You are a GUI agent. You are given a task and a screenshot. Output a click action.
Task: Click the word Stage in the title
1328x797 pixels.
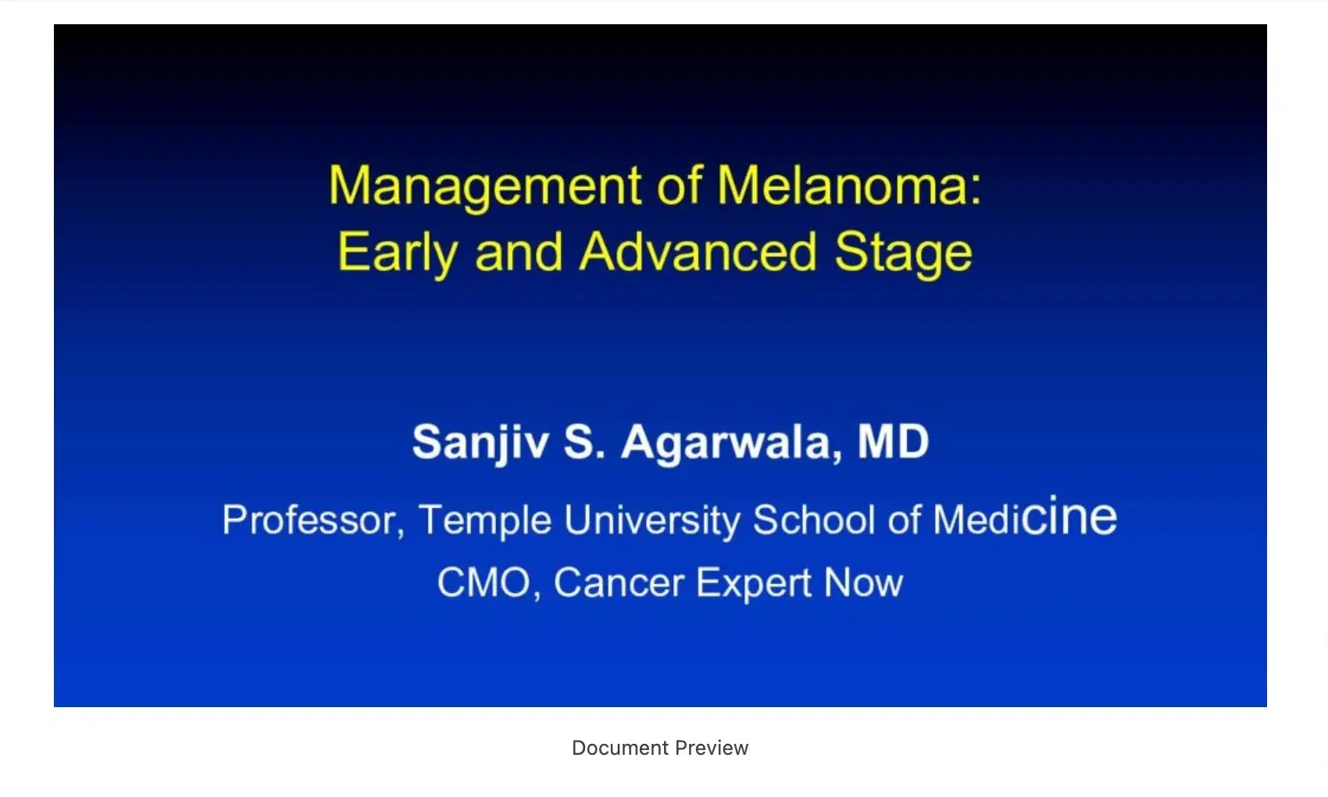(x=904, y=254)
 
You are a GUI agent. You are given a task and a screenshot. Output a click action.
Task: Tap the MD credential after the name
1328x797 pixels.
(x=893, y=441)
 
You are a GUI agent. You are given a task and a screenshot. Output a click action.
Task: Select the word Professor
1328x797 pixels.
(x=313, y=520)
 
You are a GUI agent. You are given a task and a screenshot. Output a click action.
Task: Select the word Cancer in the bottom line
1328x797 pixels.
(x=619, y=582)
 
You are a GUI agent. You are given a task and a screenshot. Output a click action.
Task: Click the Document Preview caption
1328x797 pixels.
(x=660, y=748)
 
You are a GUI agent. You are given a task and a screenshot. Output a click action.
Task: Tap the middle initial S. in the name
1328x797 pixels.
(x=584, y=441)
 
